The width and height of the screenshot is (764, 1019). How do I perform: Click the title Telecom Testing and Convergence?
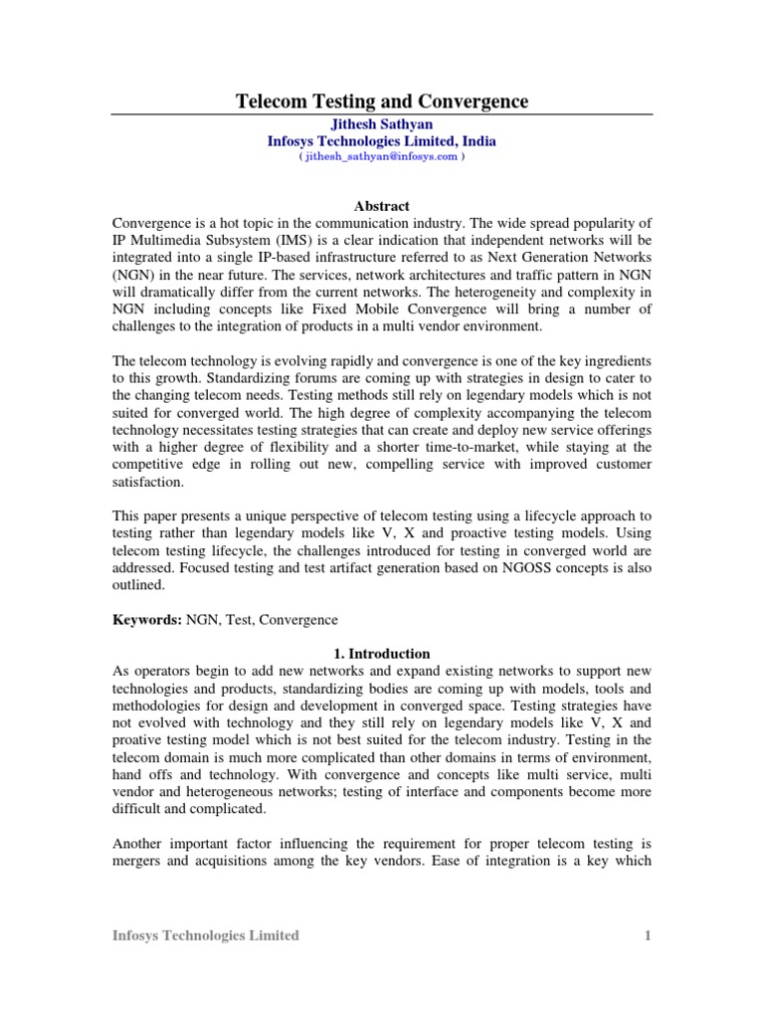[x=381, y=102]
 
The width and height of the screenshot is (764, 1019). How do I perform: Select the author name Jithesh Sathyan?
[x=381, y=124]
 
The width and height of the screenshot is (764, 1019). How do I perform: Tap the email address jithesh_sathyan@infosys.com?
[x=382, y=157]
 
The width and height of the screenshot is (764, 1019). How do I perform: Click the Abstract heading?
[x=382, y=206]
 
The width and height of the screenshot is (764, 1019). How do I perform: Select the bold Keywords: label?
[x=146, y=619]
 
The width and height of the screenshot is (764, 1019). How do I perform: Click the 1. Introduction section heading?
[x=381, y=654]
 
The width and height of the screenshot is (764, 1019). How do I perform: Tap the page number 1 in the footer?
[x=647, y=935]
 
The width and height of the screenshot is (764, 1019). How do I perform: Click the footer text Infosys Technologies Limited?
[x=205, y=935]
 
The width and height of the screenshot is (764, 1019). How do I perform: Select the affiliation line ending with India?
[x=381, y=141]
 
